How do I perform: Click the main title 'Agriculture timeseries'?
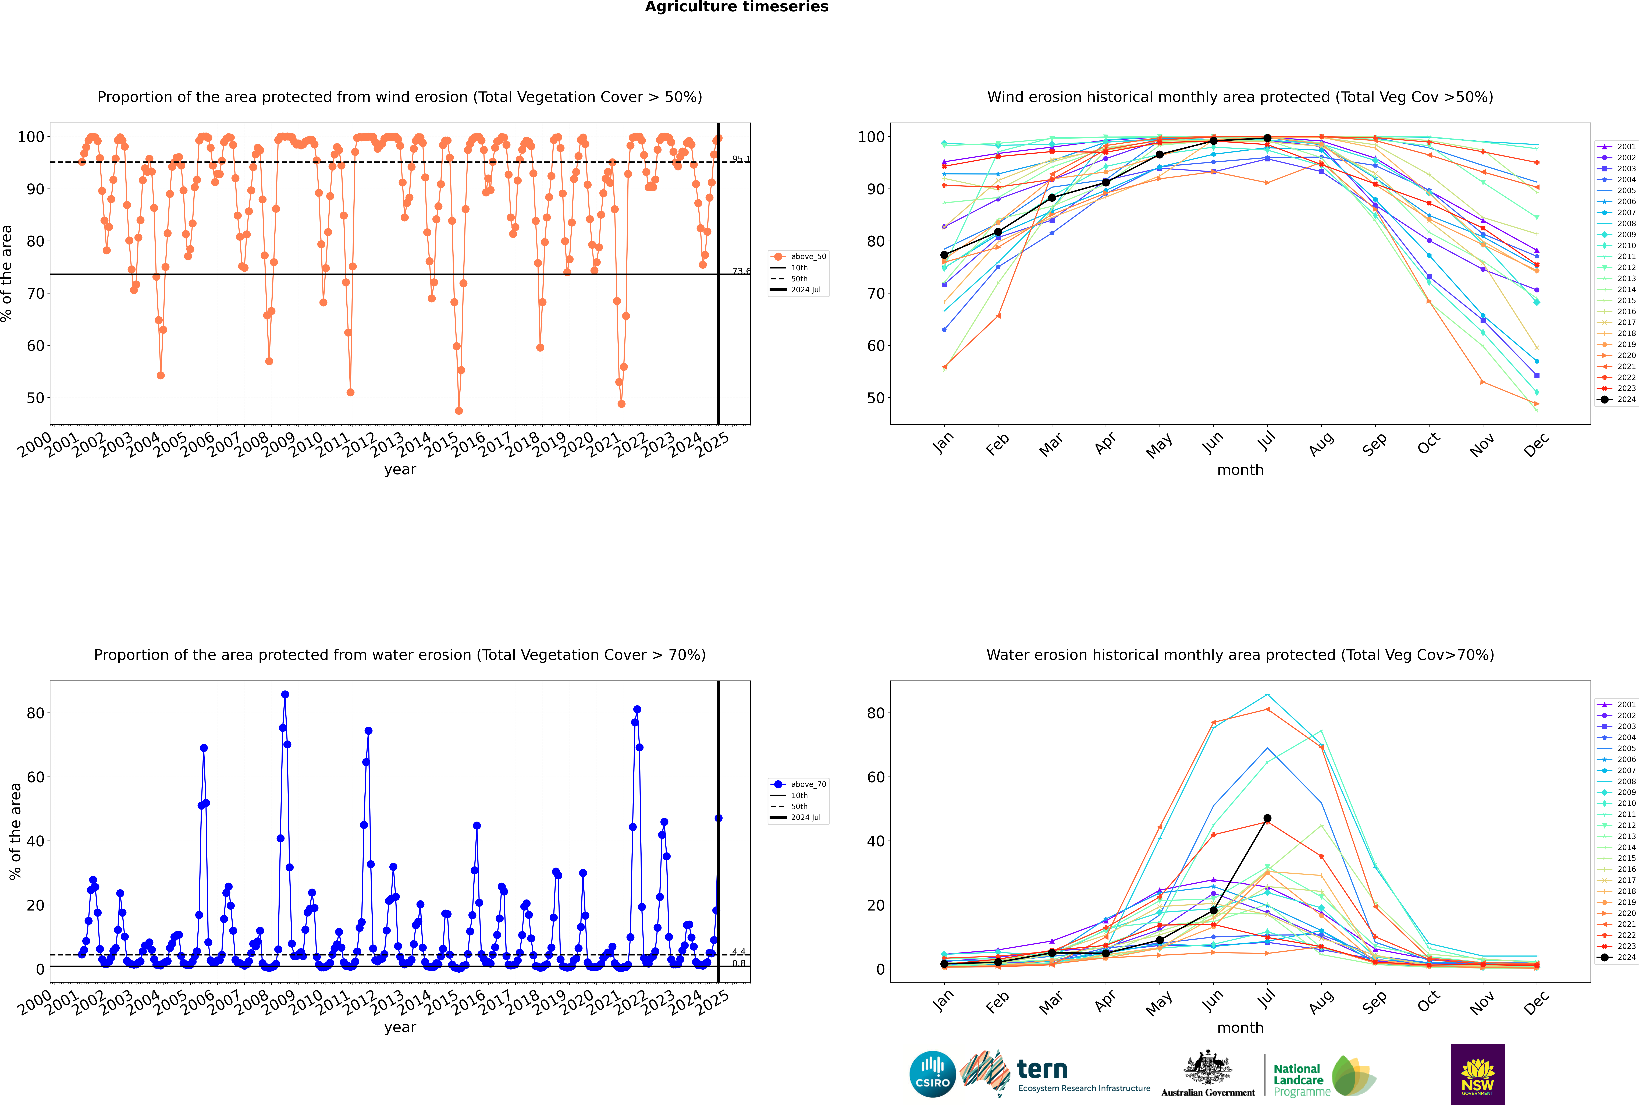point(736,7)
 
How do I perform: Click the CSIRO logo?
point(932,1074)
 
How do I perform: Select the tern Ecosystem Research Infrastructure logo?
point(1055,1074)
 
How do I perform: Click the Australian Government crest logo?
point(1208,1074)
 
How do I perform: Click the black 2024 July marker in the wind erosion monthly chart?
point(1267,138)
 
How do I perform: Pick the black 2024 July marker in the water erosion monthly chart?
point(1267,818)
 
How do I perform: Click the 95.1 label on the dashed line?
point(741,159)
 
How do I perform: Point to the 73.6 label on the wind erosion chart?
point(741,271)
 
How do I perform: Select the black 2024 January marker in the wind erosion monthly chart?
point(944,255)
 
